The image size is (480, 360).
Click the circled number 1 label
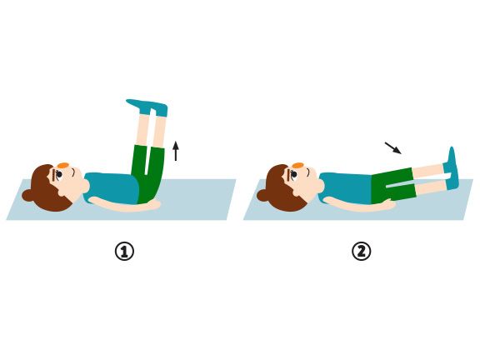pos(124,252)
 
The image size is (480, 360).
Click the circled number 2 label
pos(361,252)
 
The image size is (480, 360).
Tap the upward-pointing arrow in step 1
pos(176,151)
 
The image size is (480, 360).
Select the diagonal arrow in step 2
pos(393,147)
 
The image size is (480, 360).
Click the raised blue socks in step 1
pos(147,107)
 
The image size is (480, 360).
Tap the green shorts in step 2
pos(392,186)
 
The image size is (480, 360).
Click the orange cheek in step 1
pos(63,165)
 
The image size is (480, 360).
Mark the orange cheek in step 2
pos(297,166)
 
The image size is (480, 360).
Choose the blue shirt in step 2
pos(345,187)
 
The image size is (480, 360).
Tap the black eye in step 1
pos(59,174)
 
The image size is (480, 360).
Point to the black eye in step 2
pos(294,174)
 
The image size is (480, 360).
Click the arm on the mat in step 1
pos(124,205)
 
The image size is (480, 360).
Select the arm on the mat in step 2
pos(358,204)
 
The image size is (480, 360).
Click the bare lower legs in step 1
pos(150,130)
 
